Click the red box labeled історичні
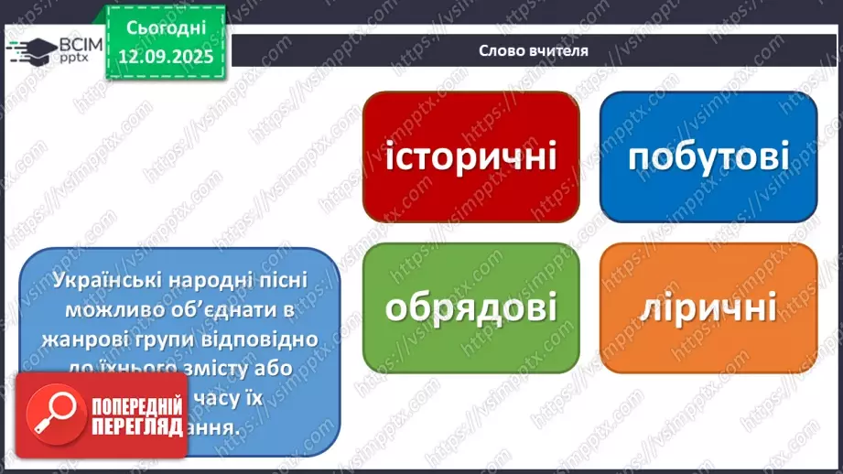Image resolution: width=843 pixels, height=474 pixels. pos(470,156)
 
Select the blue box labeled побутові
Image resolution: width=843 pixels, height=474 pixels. pos(708,156)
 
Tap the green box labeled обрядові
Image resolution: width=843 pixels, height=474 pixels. pos(470,307)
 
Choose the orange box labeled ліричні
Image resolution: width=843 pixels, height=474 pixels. pos(708,307)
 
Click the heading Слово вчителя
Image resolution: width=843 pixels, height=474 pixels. pos(533,51)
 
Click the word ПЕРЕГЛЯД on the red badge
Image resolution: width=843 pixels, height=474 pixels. pos(135,426)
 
